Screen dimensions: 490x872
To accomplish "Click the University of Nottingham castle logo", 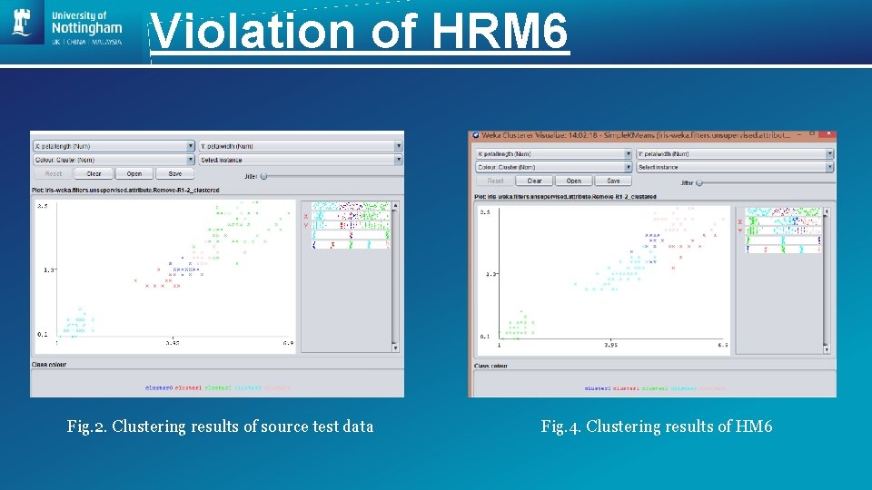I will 22,23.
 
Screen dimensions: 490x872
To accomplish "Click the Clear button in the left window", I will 94,173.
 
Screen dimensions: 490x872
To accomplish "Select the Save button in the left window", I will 174,173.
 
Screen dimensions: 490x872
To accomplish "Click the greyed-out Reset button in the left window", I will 54,173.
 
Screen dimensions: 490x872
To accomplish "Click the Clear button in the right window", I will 534,181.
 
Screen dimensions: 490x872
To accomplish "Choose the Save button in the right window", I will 613,181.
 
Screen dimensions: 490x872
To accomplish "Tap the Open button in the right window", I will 574,181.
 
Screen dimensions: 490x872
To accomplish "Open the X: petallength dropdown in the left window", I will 114,145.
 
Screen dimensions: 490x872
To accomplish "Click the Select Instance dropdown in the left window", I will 301,160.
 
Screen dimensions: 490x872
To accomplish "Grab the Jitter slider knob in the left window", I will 263,176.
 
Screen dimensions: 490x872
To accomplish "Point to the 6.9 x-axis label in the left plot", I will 287,343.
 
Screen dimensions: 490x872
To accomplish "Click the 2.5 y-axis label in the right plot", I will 485,212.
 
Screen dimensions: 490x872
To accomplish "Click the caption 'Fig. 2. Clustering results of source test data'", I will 220,426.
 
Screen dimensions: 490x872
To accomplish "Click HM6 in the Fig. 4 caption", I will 753,426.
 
